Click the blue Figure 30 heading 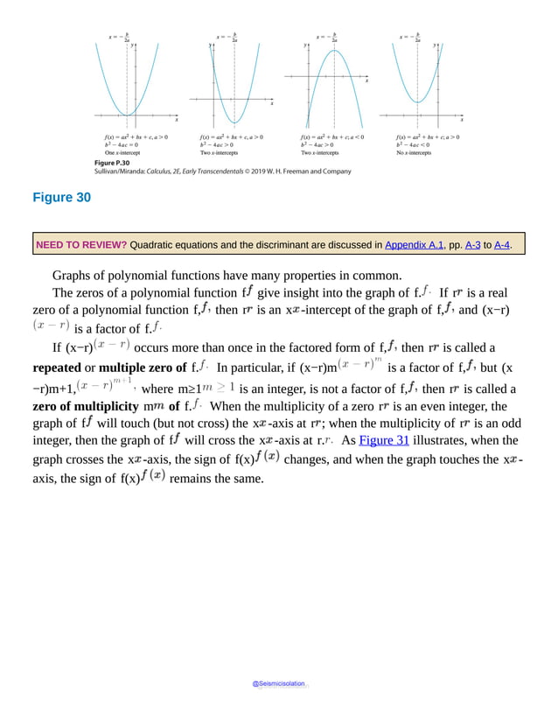(x=61, y=198)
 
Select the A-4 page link (x=502, y=246)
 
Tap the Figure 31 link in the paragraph (x=385, y=440)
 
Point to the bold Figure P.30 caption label (x=111, y=164)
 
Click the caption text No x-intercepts (x=415, y=152)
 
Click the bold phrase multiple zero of (x=143, y=367)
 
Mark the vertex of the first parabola (x=130, y=116)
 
